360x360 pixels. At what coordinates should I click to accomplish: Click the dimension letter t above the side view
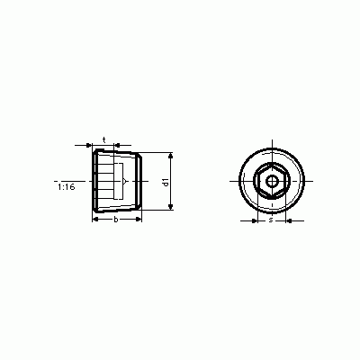(104, 139)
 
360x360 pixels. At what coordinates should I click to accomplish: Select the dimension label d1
(166, 182)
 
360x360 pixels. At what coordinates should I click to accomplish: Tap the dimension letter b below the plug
(116, 220)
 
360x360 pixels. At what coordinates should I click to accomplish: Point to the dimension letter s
(271, 220)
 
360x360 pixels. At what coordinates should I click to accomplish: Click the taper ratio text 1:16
(67, 187)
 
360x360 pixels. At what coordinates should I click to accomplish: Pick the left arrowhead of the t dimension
(89, 145)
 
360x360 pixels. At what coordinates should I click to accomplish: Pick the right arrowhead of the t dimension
(117, 145)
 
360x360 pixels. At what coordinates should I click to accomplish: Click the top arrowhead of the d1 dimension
(170, 156)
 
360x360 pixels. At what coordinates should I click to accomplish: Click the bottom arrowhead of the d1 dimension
(170, 206)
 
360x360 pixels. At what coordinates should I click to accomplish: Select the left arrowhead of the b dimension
(95, 220)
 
